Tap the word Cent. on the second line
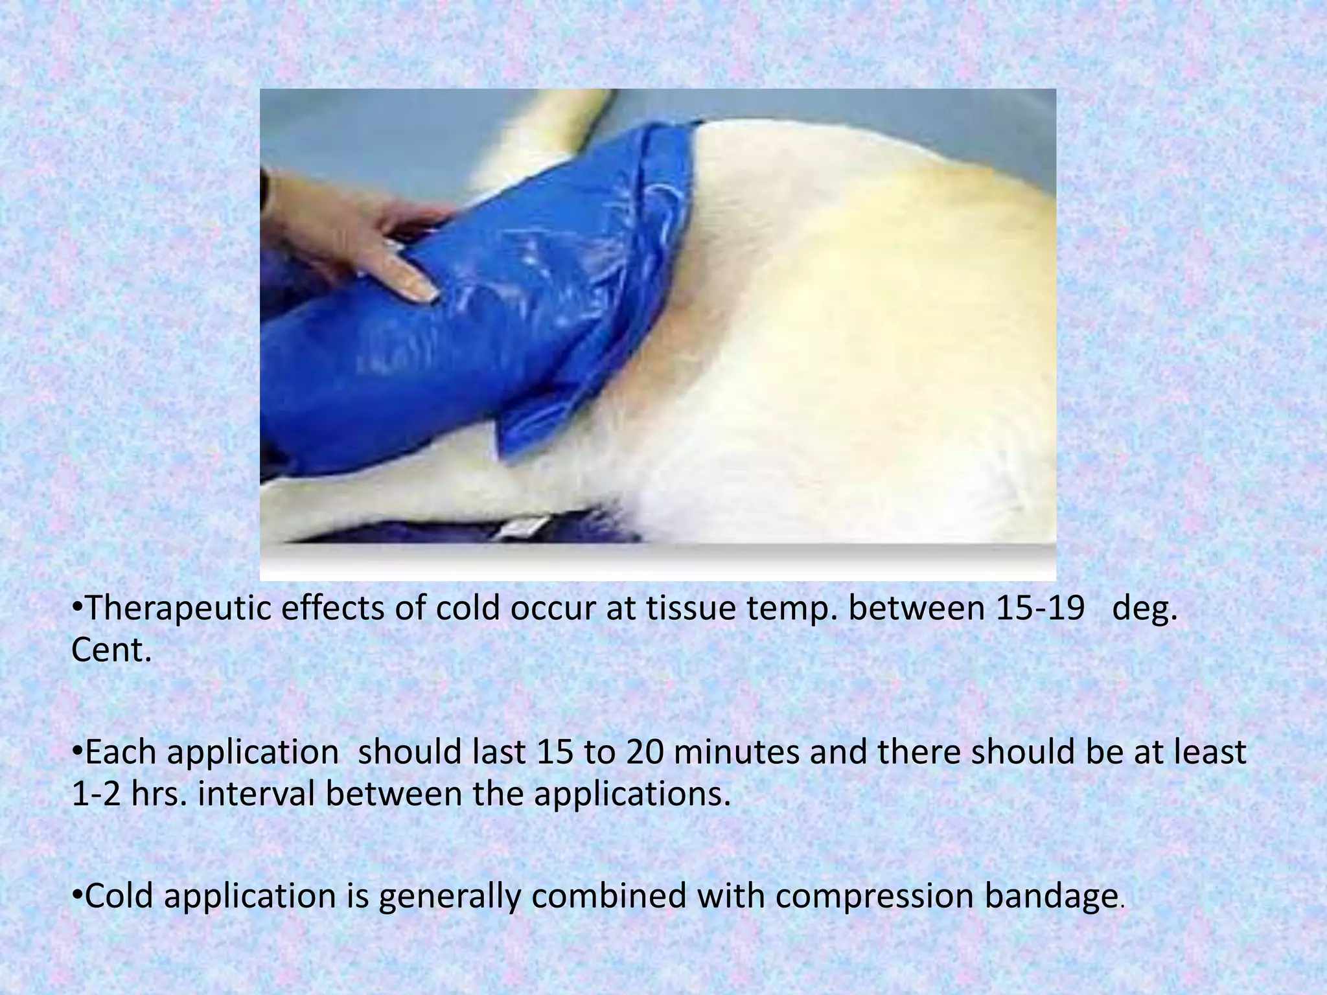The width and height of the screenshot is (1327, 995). (111, 651)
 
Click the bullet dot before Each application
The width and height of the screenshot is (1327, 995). (76, 751)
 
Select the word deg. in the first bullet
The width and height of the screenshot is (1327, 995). (1144, 610)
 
